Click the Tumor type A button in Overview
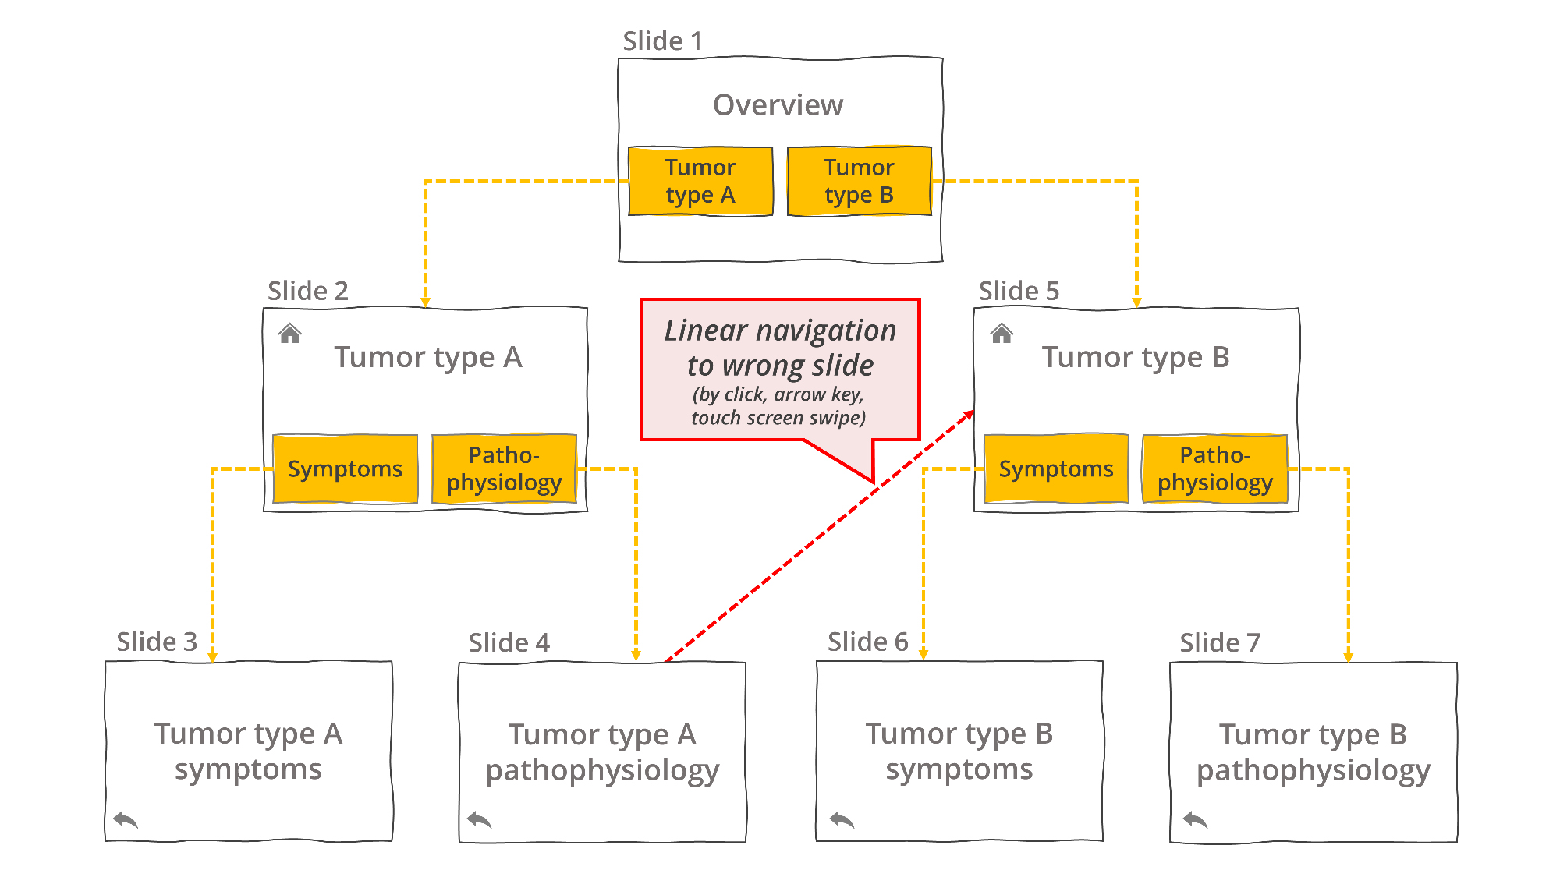(x=700, y=181)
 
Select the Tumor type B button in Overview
(x=860, y=181)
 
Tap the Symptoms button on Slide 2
(x=345, y=469)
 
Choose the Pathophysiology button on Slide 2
(x=504, y=469)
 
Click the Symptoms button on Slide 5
(x=1056, y=469)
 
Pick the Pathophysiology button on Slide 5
(x=1215, y=469)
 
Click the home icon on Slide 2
(x=290, y=334)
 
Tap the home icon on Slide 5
(x=1002, y=334)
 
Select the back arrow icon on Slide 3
(x=126, y=819)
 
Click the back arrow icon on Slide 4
(x=480, y=819)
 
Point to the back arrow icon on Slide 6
(x=842, y=819)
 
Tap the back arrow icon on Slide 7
(x=1196, y=819)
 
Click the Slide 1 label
(x=662, y=41)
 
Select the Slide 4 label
(x=509, y=642)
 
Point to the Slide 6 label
(x=867, y=642)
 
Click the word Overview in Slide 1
(x=778, y=104)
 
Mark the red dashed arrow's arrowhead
(x=970, y=414)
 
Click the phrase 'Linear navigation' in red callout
(x=780, y=331)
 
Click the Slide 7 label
(x=1220, y=642)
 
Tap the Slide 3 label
(x=157, y=642)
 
